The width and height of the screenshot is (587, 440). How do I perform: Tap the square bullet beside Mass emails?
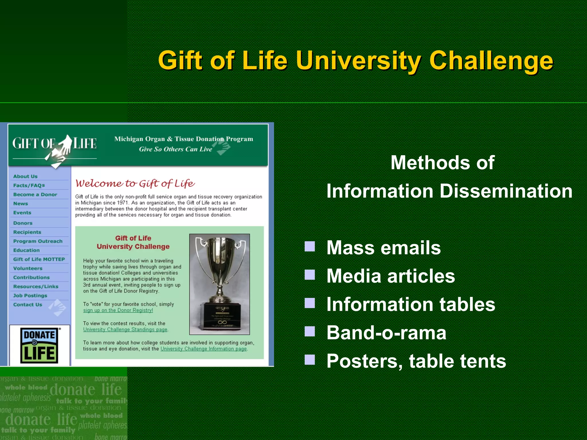click(310, 246)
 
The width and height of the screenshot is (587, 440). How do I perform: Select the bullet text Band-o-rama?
click(386, 333)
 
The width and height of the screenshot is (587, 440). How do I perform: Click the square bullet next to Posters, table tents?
click(310, 360)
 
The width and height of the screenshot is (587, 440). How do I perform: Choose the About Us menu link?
click(25, 176)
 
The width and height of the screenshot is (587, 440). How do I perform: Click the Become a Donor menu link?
click(35, 195)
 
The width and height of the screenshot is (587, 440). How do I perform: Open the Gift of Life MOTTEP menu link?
click(39, 259)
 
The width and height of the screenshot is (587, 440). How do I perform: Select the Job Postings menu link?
click(30, 296)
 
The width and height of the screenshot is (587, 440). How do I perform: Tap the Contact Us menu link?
click(28, 305)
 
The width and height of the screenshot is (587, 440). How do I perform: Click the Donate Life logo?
click(39, 345)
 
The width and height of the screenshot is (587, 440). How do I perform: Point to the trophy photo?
click(220, 284)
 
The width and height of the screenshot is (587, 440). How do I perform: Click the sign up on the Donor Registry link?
click(118, 310)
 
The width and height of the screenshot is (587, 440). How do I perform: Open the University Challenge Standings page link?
click(125, 329)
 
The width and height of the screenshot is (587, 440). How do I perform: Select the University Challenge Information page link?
click(204, 349)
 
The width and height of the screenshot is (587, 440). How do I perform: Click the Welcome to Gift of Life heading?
click(135, 183)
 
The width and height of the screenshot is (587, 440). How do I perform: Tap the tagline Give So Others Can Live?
click(175, 149)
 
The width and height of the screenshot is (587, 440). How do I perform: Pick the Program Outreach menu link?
click(38, 241)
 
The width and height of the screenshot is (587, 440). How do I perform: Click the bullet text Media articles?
click(391, 276)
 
